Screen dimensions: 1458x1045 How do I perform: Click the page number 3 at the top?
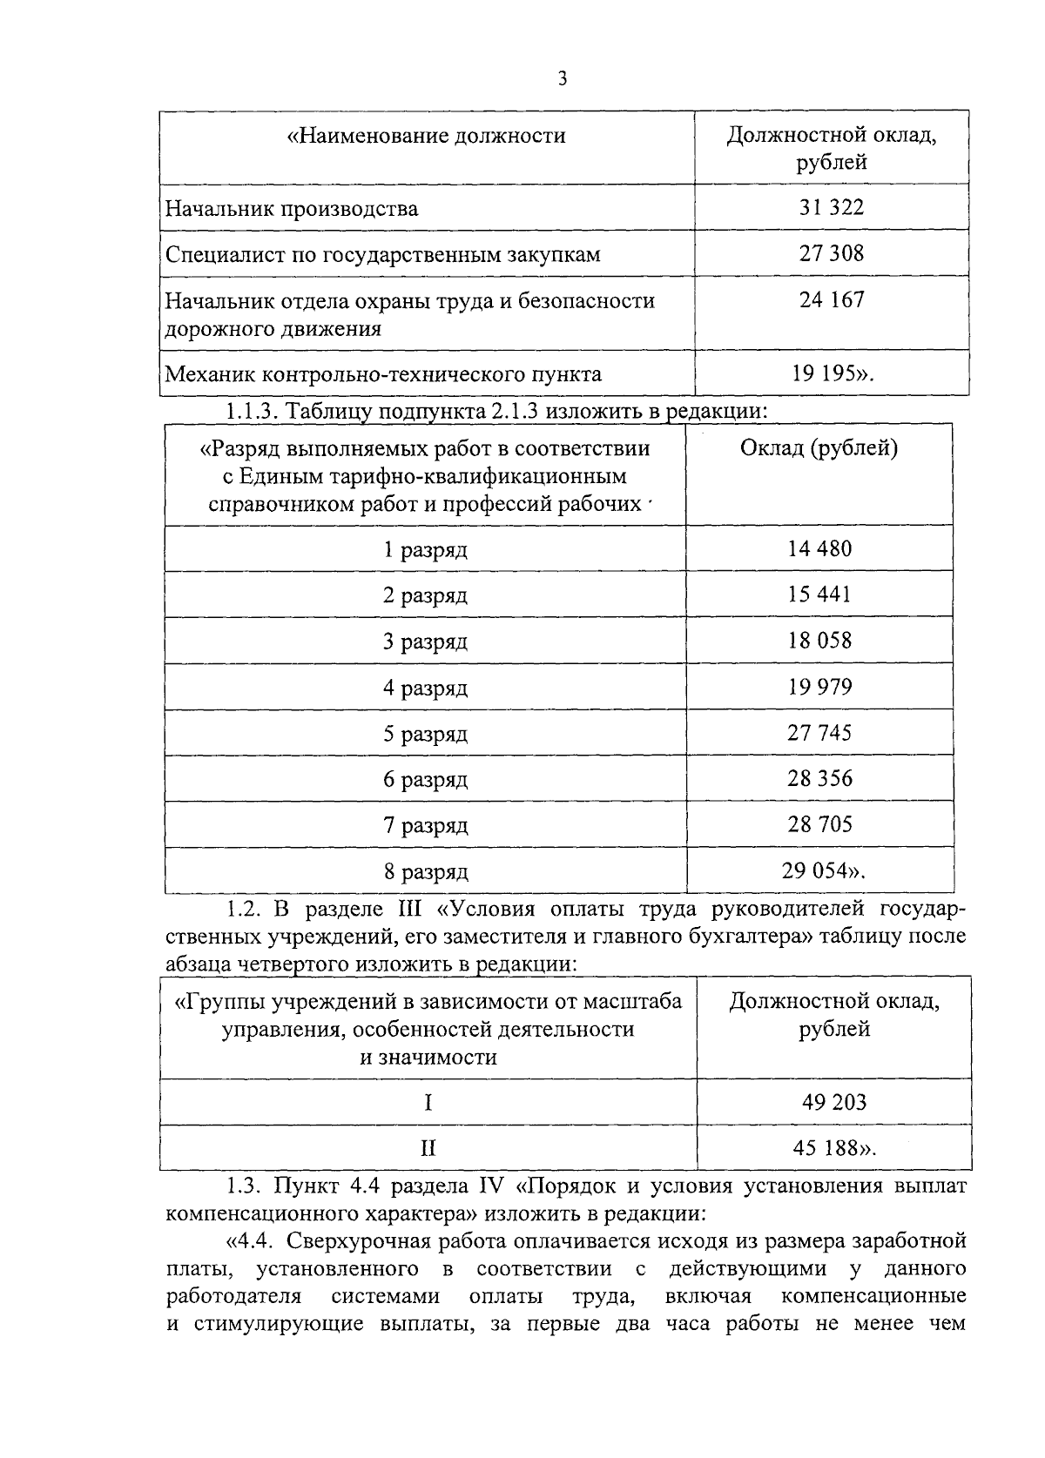(563, 79)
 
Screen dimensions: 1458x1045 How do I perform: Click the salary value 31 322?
(831, 208)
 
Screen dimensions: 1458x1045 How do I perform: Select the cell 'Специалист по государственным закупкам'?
(383, 255)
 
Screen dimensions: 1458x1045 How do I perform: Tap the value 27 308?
(831, 254)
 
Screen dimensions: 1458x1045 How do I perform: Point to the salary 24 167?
(831, 300)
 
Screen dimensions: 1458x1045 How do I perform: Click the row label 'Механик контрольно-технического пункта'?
(383, 375)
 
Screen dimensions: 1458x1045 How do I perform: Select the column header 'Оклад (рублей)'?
(819, 449)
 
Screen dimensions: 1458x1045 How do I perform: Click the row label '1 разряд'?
(426, 551)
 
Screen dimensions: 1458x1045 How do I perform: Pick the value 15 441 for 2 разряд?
(819, 595)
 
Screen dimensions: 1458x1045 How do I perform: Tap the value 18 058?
(819, 642)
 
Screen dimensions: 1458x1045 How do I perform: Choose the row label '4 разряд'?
(426, 689)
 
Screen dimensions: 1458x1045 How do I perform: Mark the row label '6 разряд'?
(426, 780)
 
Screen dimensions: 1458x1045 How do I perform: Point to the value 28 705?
(819, 825)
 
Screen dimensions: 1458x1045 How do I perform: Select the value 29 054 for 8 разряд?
(823, 871)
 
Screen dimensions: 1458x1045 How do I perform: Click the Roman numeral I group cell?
(428, 1104)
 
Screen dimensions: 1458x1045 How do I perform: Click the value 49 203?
(833, 1103)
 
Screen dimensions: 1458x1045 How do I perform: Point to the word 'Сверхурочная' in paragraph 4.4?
(348, 1240)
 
